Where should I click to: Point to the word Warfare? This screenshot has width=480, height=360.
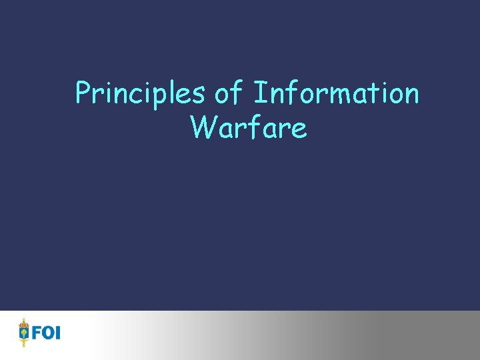click(x=248, y=127)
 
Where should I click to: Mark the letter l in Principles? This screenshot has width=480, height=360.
click(x=176, y=93)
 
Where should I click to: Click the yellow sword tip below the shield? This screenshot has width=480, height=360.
click(x=25, y=345)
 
